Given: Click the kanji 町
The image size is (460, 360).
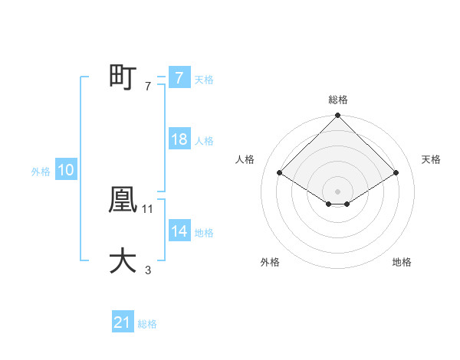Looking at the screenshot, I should coord(123,77).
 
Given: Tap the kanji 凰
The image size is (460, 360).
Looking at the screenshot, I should coord(123,200).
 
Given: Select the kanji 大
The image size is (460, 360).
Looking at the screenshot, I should coord(123,260).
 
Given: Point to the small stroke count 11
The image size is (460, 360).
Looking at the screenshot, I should coord(148,208).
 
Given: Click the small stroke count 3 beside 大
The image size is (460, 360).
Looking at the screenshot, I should coord(148,270).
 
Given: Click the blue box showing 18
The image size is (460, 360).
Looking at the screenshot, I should coord(179,139).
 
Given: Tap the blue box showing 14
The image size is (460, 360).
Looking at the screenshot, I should coord(179,231).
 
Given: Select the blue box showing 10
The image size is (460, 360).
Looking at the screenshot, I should coord(66,171).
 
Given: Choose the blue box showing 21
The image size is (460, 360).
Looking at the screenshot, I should coord(123,323).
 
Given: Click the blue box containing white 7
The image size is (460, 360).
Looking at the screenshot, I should coord(179,78).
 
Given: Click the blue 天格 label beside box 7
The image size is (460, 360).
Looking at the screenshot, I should coord(204,80).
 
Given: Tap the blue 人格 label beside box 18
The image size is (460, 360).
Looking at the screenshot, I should coord(204,141).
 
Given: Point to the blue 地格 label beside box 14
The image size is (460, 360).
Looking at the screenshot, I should coord(204,233).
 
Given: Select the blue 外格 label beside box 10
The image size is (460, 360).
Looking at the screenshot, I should coord(41,172).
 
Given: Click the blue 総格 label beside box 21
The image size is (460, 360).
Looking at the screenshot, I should coord(147,325).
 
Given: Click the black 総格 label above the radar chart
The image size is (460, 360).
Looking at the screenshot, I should coord(338,100).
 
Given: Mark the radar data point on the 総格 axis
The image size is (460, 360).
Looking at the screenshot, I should coord(338,116).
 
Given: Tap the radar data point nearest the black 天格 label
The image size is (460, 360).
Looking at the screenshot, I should coord(396,173).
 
